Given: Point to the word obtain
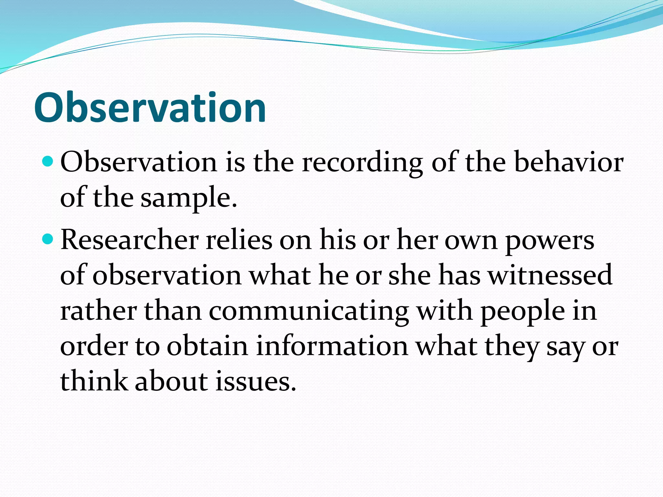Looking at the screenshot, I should click(x=207, y=346).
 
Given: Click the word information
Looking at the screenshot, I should click(x=332, y=346).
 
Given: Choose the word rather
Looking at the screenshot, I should click(x=98, y=311).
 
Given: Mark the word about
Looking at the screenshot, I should click(x=171, y=381).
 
